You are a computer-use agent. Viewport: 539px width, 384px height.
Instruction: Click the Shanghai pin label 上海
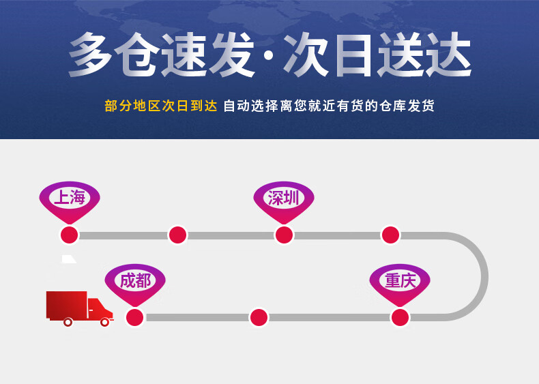[x=70, y=198]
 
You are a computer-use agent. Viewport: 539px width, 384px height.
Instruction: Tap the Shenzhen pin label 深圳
[x=284, y=198]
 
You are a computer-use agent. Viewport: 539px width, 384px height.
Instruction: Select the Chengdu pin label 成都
[x=135, y=280]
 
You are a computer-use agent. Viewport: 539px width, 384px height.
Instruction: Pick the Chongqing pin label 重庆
[x=400, y=280]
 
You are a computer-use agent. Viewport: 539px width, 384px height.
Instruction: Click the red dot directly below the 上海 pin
[x=69, y=235]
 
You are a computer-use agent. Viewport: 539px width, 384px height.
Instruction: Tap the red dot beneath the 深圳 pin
[x=284, y=235]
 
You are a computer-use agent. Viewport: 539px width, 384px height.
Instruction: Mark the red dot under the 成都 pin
[x=135, y=317]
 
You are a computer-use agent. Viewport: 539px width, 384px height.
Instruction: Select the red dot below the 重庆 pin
[x=400, y=317]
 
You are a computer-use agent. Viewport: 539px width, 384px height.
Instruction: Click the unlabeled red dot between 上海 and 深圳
[x=177, y=235]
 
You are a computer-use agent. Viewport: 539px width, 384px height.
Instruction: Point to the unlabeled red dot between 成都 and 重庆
[x=259, y=317]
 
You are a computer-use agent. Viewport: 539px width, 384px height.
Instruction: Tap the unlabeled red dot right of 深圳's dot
[x=390, y=235]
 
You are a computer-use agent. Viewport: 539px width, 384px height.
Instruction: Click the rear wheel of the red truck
[x=68, y=322]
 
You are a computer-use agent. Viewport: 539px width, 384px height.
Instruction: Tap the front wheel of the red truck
[x=104, y=322]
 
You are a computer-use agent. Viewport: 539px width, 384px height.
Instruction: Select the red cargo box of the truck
[x=66, y=304]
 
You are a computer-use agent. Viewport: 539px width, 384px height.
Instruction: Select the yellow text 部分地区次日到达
[x=160, y=106]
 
